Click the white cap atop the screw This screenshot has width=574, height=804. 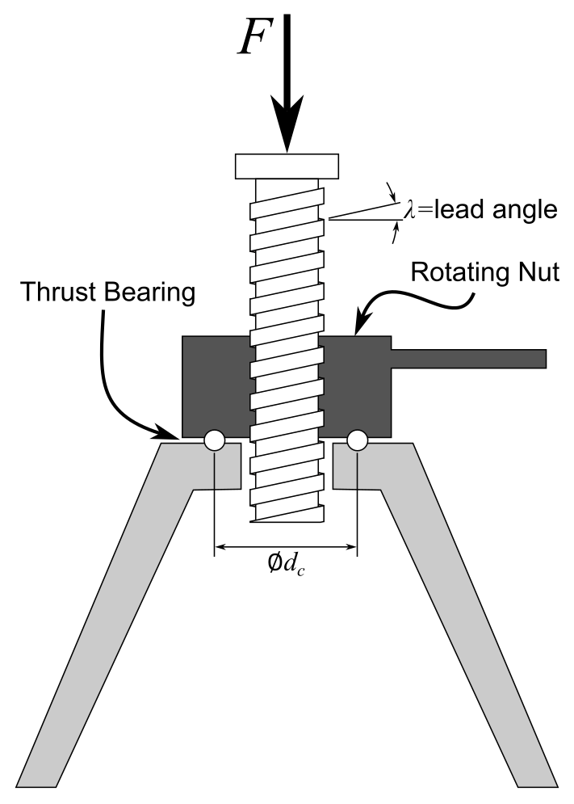click(286, 166)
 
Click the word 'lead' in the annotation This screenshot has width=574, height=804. click(453, 210)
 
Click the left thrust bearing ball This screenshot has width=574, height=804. click(214, 440)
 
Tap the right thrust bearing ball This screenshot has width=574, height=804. click(357, 440)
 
